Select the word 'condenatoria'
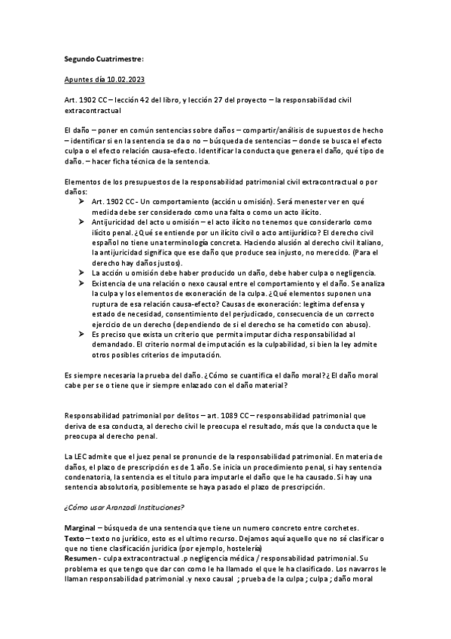coord(90,477)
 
